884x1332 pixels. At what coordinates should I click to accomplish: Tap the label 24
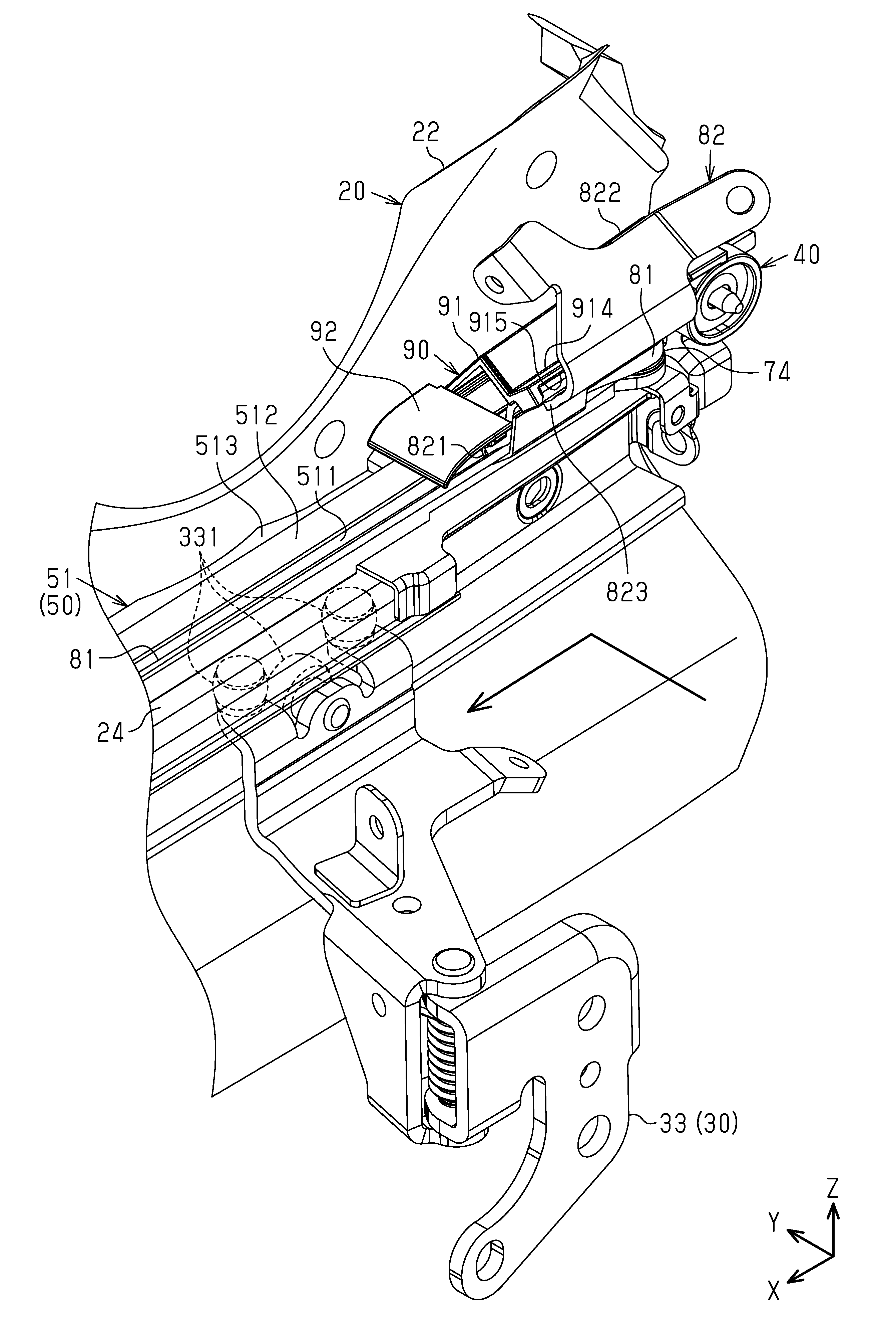coord(110,735)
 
